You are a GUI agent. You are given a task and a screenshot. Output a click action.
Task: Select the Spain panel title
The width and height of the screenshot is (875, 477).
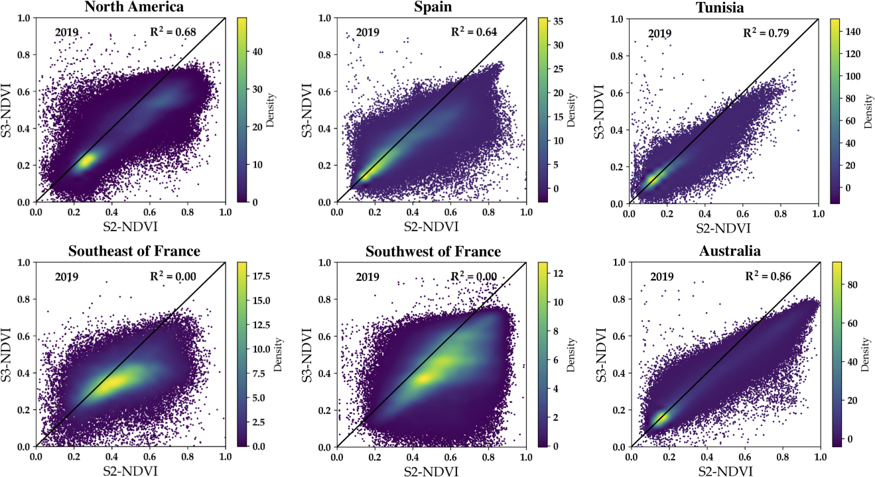[x=431, y=7]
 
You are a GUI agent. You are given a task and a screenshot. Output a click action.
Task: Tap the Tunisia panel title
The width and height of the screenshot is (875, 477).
[x=724, y=7]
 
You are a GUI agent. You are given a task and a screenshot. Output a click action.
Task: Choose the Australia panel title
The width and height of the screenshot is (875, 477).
[x=724, y=252]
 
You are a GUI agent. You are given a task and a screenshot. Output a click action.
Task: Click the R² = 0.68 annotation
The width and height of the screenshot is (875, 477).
[x=171, y=32]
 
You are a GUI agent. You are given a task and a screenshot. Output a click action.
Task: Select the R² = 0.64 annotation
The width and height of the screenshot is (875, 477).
[x=473, y=32]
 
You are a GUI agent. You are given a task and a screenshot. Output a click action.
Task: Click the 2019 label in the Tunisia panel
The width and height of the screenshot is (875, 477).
[x=659, y=33]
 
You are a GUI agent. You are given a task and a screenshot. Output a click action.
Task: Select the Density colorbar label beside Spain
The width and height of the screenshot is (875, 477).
[x=571, y=110]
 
